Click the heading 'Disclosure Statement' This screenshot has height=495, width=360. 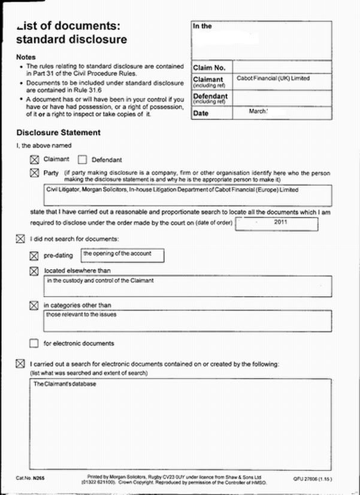tap(59, 132)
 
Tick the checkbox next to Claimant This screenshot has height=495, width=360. tap(34, 159)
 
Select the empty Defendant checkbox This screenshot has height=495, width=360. tap(83, 160)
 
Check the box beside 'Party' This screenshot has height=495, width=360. tap(34, 173)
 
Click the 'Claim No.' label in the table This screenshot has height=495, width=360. tap(209, 68)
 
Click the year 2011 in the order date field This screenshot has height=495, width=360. tap(281, 222)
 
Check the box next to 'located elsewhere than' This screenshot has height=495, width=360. tap(34, 271)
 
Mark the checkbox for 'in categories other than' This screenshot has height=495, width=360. tap(34, 306)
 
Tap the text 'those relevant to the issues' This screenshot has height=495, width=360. tap(81, 315)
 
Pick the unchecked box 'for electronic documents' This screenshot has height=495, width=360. tap(34, 343)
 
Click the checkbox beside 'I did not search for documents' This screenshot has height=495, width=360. tap(20, 240)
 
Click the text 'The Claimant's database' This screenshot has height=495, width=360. tap(65, 384)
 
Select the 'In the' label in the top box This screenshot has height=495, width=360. tap(202, 26)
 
